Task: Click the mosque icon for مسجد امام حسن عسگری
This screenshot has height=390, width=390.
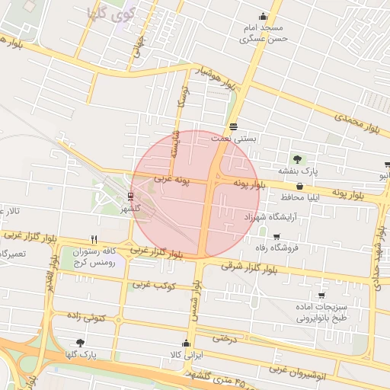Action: click(x=264, y=17)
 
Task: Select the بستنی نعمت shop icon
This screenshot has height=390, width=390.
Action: click(x=233, y=126)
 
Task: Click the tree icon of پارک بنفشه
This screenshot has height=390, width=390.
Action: click(x=297, y=159)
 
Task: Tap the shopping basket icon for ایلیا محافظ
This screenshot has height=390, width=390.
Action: click(x=299, y=186)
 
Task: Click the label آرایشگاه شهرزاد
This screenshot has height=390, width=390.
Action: click(x=273, y=218)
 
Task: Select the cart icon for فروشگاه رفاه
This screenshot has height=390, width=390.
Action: click(x=276, y=236)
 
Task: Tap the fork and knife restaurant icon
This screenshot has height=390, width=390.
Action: click(x=94, y=238)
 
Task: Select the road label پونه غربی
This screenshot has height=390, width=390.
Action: click(x=171, y=179)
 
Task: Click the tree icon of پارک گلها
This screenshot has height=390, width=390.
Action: click(x=81, y=343)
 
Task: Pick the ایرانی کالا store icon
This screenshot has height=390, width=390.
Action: click(x=187, y=343)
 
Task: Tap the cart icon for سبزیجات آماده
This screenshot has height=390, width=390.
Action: click(x=321, y=295)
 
